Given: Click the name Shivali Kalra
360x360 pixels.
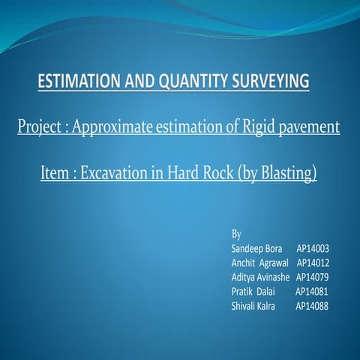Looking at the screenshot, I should [253, 306].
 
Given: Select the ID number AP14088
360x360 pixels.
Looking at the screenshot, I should [312, 306].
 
